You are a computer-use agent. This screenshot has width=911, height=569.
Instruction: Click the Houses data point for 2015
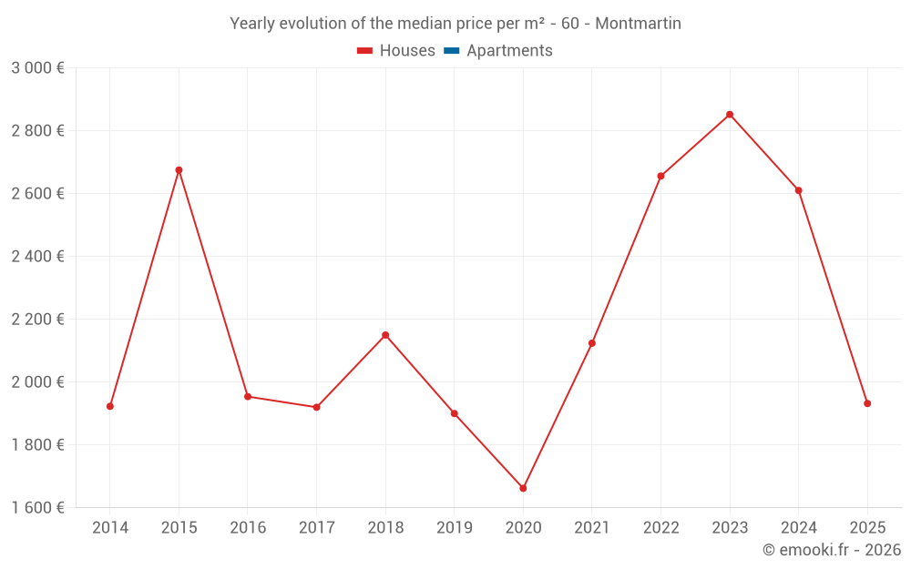(x=179, y=170)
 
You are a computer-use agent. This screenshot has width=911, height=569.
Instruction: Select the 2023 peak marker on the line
(x=730, y=115)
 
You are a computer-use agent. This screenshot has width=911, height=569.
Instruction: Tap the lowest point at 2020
(x=523, y=489)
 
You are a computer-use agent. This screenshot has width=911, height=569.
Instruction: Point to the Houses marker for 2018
(x=385, y=335)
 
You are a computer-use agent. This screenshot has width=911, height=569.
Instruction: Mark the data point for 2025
(x=867, y=403)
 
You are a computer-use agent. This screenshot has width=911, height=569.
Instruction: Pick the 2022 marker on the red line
(x=660, y=176)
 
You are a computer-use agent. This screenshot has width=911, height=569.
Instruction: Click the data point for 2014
(x=110, y=406)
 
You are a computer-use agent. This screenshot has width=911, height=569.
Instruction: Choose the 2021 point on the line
(x=592, y=343)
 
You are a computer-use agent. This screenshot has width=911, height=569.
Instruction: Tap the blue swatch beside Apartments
(x=451, y=51)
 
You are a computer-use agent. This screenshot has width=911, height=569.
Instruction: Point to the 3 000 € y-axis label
(x=37, y=68)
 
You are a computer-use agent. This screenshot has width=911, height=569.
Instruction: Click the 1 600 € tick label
(x=37, y=508)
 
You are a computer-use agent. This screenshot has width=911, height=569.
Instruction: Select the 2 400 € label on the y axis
(x=37, y=257)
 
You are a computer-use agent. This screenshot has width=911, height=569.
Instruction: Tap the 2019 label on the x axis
(x=455, y=528)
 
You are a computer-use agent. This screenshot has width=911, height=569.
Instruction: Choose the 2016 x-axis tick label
(x=248, y=528)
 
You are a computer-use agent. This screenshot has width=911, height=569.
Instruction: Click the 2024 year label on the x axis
(x=799, y=528)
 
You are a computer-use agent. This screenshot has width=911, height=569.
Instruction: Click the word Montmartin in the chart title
(x=637, y=24)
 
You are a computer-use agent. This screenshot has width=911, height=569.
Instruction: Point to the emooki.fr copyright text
(x=832, y=550)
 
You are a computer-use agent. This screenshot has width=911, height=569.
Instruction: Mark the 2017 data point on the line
(x=316, y=407)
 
